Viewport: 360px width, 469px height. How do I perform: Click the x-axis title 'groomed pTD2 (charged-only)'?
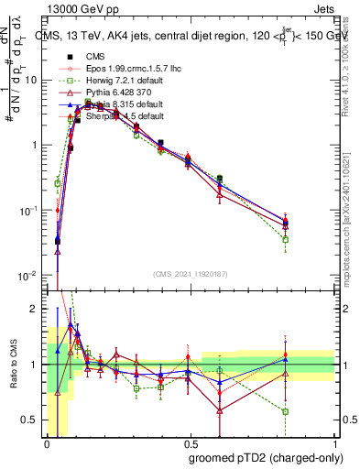[266, 457]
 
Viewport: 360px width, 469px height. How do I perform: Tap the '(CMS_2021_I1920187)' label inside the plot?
[190, 272]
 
